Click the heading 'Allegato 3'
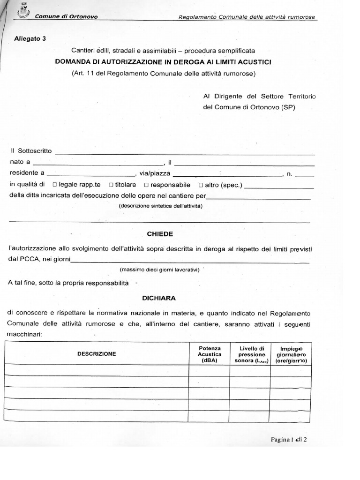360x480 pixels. pos(30,39)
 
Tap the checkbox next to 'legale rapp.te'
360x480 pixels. pos(56,185)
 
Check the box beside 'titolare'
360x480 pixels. pos(111,185)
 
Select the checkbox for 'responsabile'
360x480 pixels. pos(147,185)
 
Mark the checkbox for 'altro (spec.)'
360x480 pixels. pos(201,185)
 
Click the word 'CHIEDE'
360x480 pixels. pos(160,233)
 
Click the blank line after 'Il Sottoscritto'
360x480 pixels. pos(185,152)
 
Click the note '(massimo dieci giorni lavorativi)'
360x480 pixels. pos(160,270)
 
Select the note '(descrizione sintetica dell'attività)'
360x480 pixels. pos(160,206)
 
